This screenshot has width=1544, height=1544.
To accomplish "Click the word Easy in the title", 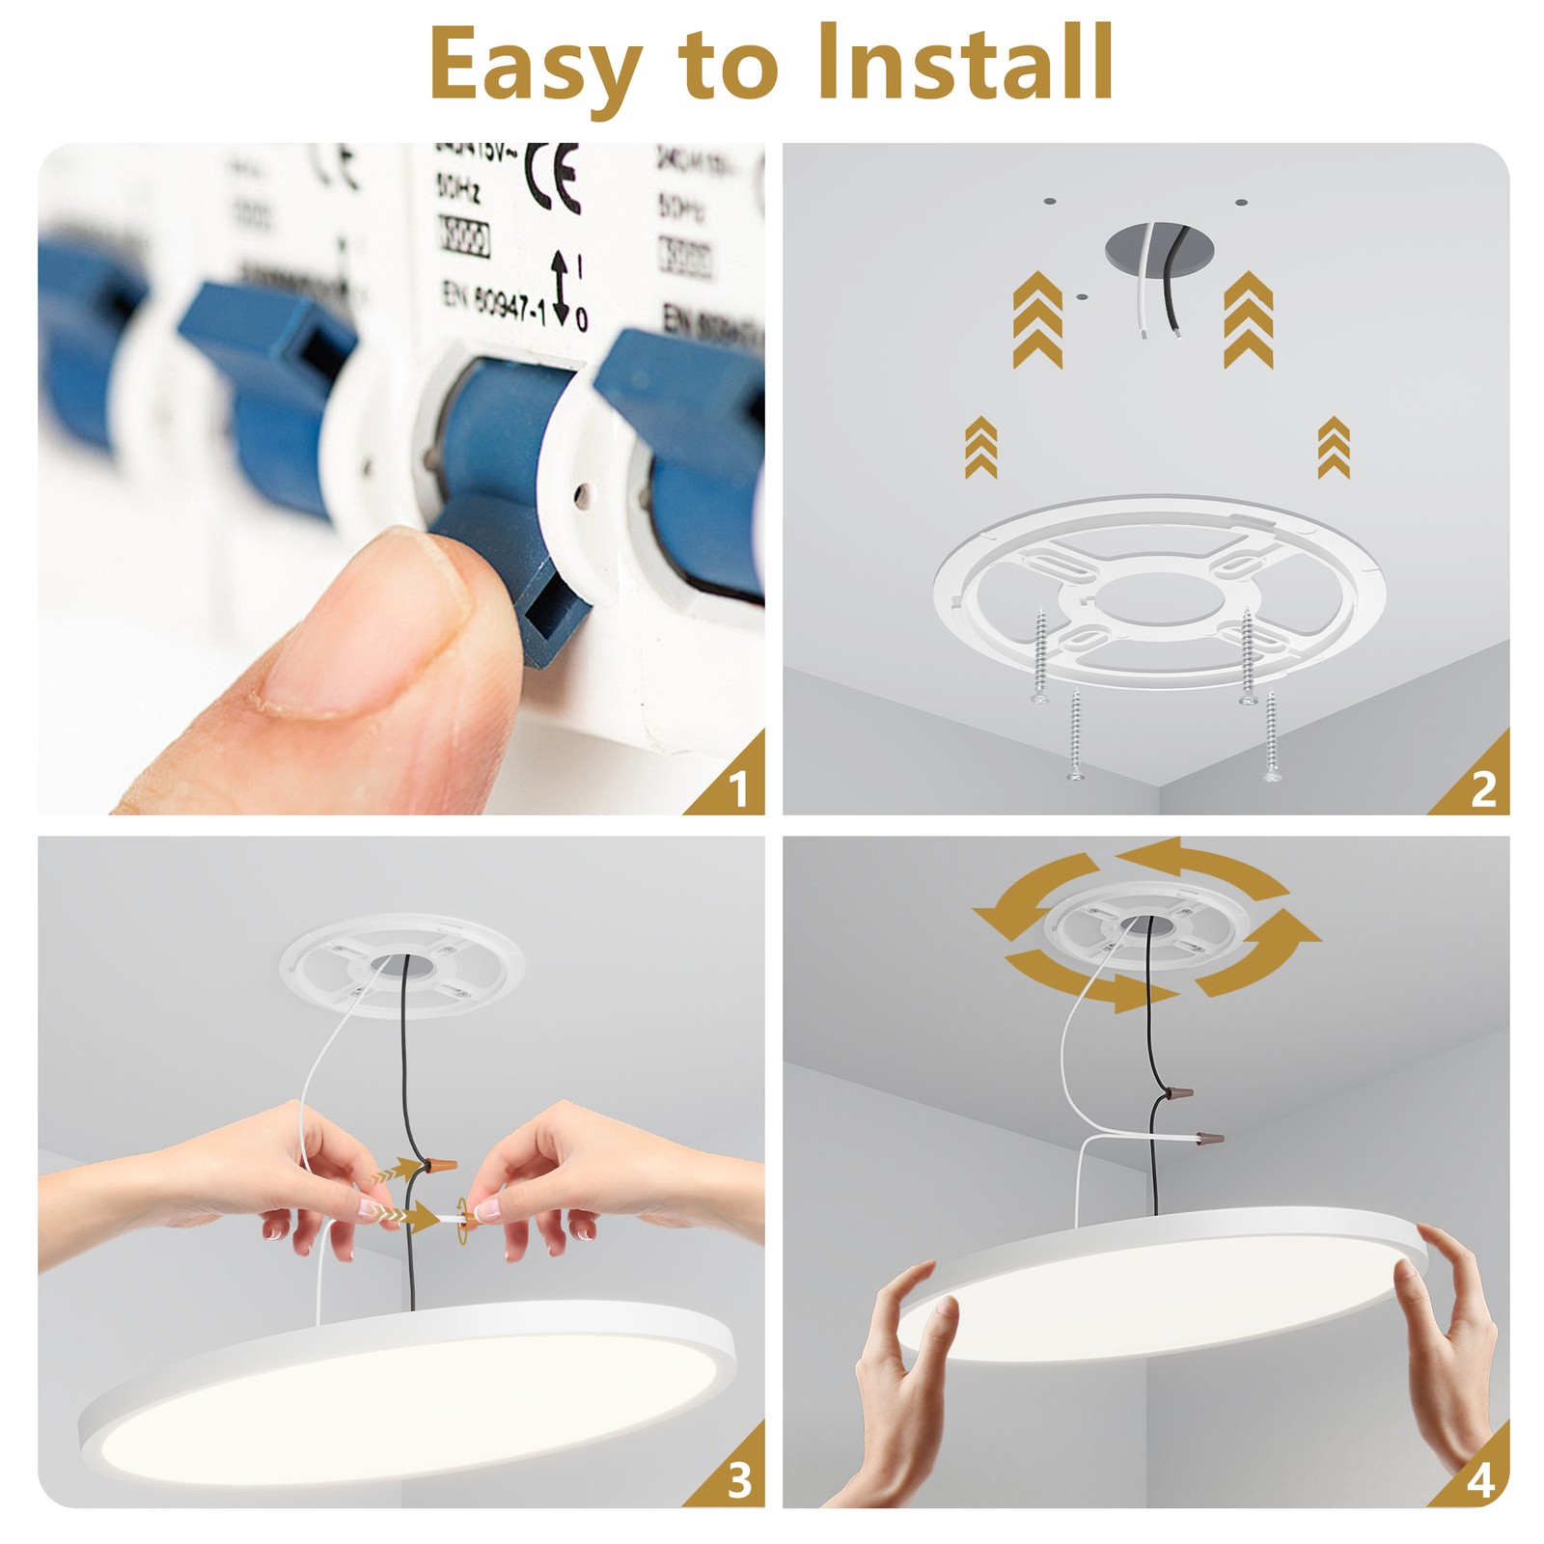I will click(x=536, y=64).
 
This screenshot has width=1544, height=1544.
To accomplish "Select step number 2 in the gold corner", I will click(x=1483, y=790).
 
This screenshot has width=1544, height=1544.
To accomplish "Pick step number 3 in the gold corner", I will click(x=739, y=1479).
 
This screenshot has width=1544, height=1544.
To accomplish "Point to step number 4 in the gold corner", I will click(x=1481, y=1479).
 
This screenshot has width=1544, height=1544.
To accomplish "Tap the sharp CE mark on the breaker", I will click(x=553, y=179).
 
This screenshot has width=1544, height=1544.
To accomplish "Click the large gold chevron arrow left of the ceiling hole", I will click(x=1037, y=319).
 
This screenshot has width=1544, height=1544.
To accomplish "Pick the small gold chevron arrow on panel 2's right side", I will click(x=1334, y=447).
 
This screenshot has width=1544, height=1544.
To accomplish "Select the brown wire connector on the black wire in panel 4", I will click(x=1176, y=1093).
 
